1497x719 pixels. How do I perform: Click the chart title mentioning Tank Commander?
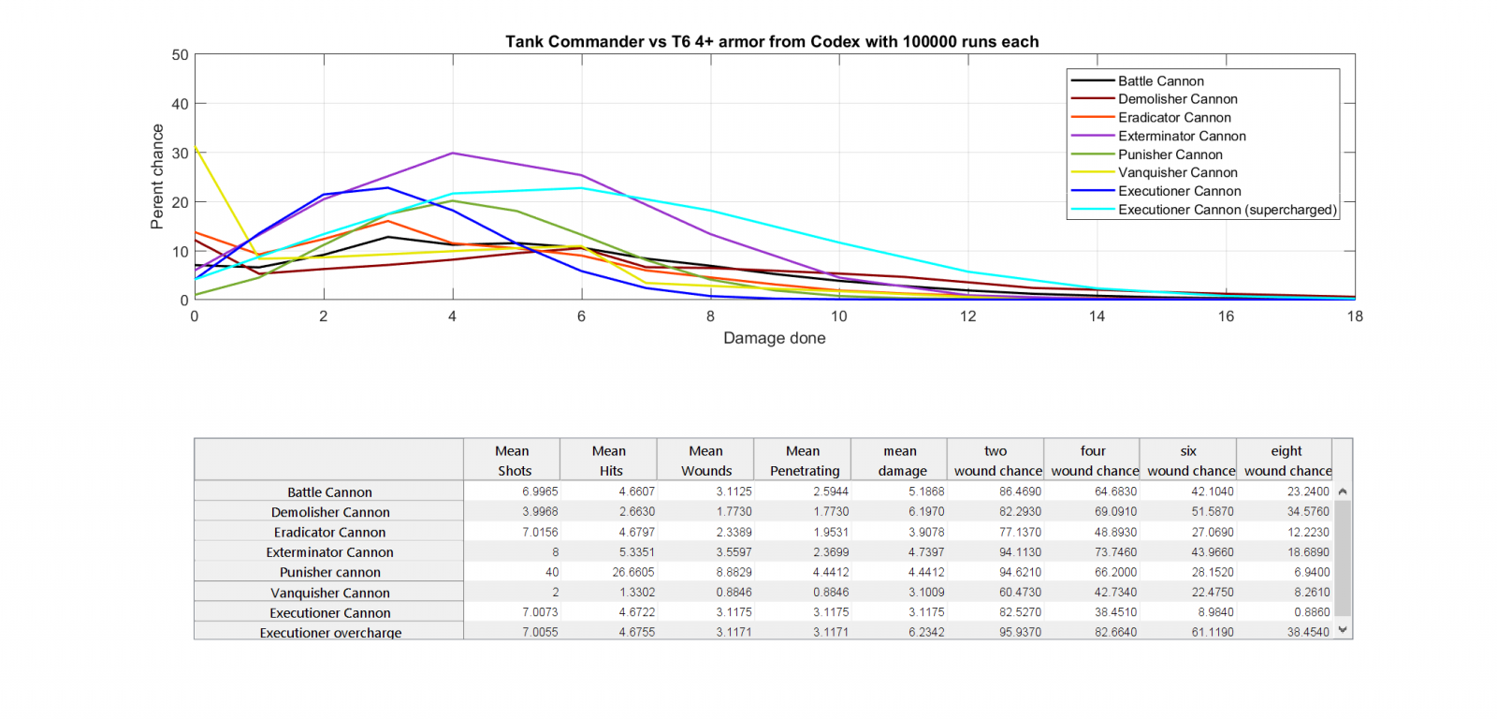pyautogui.click(x=772, y=42)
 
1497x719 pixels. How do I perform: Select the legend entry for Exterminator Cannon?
pyautogui.click(x=1181, y=136)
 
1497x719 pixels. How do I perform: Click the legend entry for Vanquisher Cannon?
pyautogui.click(x=1177, y=172)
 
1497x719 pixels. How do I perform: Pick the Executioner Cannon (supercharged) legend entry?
pyautogui.click(x=1227, y=210)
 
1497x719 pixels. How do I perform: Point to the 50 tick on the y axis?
pyautogui.click(x=180, y=55)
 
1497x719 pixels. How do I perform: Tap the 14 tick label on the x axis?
pyautogui.click(x=1097, y=316)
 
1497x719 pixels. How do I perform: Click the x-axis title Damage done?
pyautogui.click(x=774, y=338)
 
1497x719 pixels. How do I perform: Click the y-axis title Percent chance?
pyautogui.click(x=157, y=177)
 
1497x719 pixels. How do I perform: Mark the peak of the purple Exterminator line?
pyautogui.click(x=453, y=153)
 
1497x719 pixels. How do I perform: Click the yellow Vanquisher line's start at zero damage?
pyautogui.click(x=195, y=148)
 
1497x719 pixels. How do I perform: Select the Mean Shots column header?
pyautogui.click(x=513, y=461)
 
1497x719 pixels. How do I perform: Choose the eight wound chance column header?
pyautogui.click(x=1286, y=461)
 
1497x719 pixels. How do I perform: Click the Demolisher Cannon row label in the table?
pyautogui.click(x=330, y=512)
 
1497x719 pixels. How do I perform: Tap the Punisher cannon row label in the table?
pyautogui.click(x=330, y=572)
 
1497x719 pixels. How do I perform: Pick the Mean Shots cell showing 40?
pyautogui.click(x=551, y=572)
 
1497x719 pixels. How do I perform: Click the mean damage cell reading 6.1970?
pyautogui.click(x=925, y=512)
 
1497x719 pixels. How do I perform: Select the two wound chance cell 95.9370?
pyautogui.click(x=1021, y=632)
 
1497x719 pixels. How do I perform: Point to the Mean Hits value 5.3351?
pyautogui.click(x=636, y=552)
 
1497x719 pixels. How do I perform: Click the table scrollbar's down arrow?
pyautogui.click(x=1343, y=630)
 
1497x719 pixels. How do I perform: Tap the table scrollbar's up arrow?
pyautogui.click(x=1343, y=492)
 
